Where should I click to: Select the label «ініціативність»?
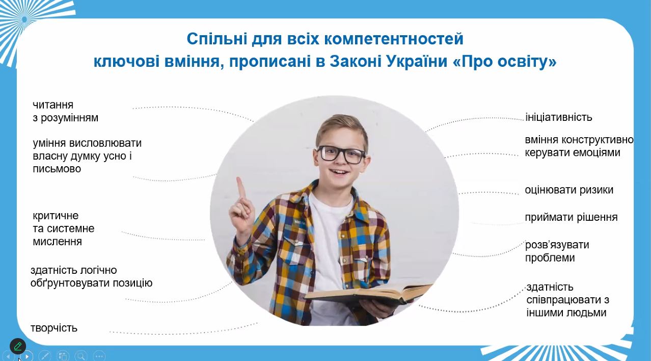click(559, 117)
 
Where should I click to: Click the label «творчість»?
click(54, 328)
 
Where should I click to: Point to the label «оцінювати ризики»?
click(569, 190)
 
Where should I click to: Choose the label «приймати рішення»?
click(571, 217)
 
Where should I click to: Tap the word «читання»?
click(53, 105)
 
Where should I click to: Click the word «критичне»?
click(56, 216)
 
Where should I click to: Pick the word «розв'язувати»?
click(557, 245)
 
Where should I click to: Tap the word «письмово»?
click(57, 169)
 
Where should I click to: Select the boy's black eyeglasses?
click(341, 154)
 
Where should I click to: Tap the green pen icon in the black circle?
click(18, 346)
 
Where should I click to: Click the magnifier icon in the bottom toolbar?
click(81, 356)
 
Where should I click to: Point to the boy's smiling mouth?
click(339, 172)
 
